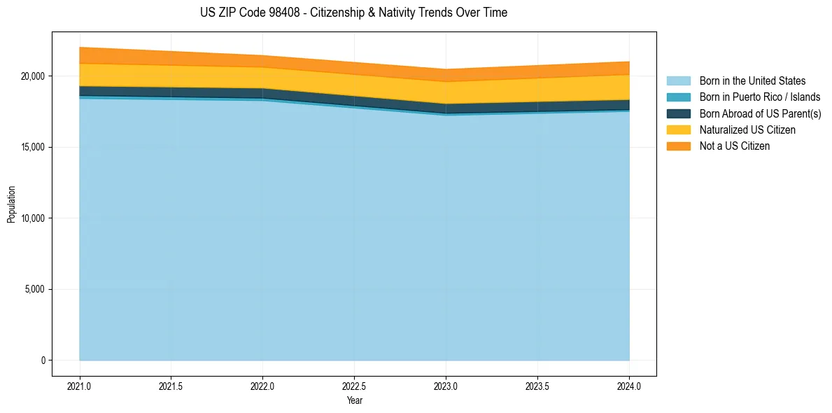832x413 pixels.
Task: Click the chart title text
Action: pyautogui.click(x=353, y=13)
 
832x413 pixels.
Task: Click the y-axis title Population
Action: pyautogui.click(x=11, y=204)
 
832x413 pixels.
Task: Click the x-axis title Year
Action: pyautogui.click(x=354, y=400)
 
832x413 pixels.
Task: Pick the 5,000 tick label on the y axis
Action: pyautogui.click(x=34, y=289)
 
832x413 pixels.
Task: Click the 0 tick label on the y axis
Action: pyautogui.click(x=43, y=360)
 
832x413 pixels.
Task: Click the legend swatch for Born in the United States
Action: pyautogui.click(x=678, y=81)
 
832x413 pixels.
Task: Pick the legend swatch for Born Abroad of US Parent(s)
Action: pyautogui.click(x=678, y=113)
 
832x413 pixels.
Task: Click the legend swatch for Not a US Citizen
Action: pyautogui.click(x=678, y=146)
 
